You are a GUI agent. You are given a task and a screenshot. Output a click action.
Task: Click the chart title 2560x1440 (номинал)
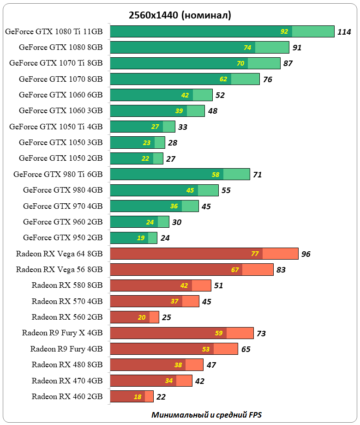pos(180,15)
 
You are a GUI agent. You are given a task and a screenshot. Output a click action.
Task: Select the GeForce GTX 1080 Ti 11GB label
pos(54,31)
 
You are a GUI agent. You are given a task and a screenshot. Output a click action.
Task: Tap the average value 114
pos(344,32)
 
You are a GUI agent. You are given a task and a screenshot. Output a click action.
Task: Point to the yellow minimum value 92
pos(284,31)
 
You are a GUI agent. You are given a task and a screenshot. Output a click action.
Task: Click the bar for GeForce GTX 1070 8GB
pos(185,79)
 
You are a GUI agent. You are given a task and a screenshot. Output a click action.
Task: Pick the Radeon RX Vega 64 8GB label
pos(59,254)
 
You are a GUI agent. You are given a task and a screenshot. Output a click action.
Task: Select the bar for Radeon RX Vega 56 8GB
pos(192,269)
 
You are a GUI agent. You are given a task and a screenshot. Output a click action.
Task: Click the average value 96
pos(306,254)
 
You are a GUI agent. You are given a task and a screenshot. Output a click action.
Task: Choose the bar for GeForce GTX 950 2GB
pos(134,238)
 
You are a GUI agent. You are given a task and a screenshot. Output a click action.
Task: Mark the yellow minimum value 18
pos(138,396)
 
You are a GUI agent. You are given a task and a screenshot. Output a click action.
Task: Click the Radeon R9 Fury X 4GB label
pos(62,333)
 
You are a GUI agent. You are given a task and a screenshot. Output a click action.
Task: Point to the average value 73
pos(261,334)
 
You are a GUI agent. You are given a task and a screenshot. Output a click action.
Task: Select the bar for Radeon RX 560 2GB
pos(134,317)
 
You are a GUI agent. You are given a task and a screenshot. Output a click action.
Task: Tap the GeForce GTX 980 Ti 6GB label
pos(58,174)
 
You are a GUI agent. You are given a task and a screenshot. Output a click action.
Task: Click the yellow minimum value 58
pos(216,174)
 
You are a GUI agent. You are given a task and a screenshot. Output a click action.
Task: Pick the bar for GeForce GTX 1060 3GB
pos(157,110)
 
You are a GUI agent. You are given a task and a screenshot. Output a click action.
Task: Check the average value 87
pos(288,63)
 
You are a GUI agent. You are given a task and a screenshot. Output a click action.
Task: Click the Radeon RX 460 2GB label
pos(67,396)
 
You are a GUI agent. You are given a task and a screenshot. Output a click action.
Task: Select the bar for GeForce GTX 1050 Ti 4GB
pos(143,127)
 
